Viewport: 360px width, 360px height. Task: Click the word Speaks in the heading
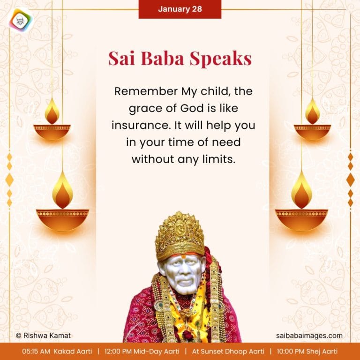tap(221, 59)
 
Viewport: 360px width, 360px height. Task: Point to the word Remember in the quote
tap(139, 91)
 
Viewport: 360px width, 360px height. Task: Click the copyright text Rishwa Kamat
tap(43, 336)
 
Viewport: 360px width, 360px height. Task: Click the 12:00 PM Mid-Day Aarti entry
tap(141, 351)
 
